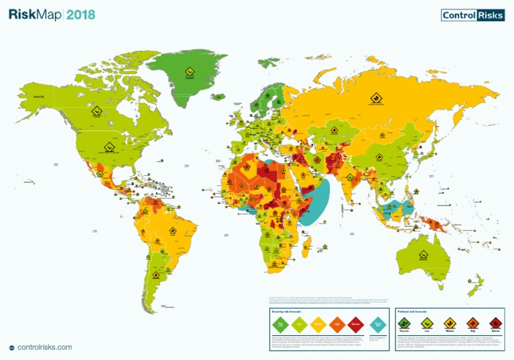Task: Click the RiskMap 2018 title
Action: [x=52, y=15]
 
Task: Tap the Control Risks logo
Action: [x=473, y=15]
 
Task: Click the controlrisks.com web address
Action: [x=44, y=347]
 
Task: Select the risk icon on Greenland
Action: [x=189, y=72]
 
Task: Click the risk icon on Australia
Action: [x=423, y=254]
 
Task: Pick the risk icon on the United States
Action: [x=108, y=147]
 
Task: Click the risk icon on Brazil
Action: [x=172, y=232]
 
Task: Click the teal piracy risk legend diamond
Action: [x=378, y=325]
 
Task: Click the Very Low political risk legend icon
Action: [x=404, y=323]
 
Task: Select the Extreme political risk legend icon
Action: [x=495, y=323]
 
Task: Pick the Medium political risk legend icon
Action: [x=449, y=323]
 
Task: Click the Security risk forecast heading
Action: [x=286, y=312]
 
